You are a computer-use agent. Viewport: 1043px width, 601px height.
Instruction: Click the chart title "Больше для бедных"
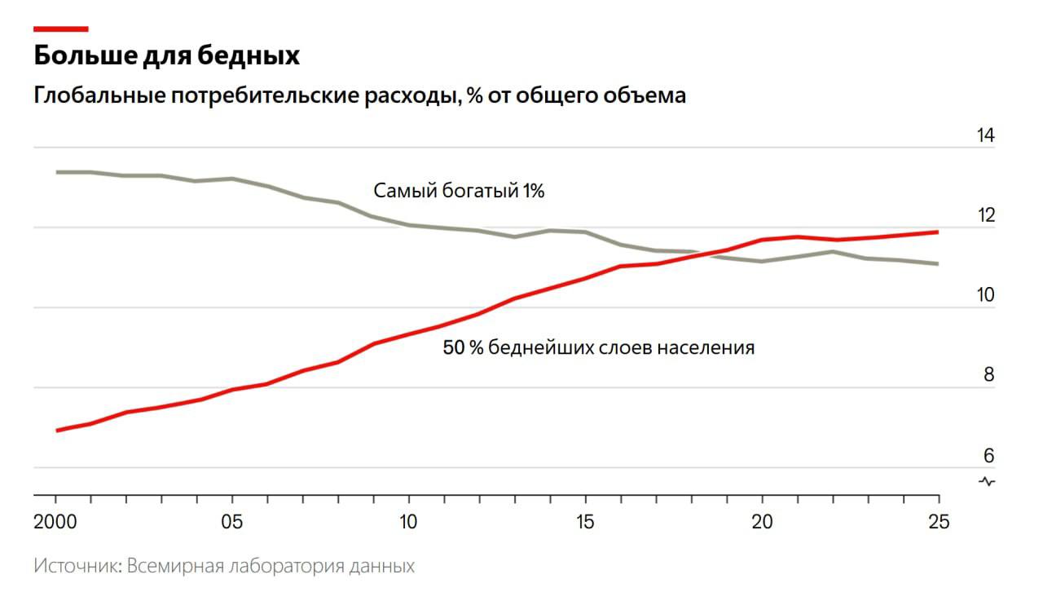point(167,56)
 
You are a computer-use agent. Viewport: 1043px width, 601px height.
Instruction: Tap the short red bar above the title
point(60,29)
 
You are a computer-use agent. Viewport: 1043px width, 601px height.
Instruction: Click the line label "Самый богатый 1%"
point(459,192)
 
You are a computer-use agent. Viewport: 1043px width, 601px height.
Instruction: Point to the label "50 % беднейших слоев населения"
point(599,347)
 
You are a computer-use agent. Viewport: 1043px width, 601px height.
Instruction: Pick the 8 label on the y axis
point(988,375)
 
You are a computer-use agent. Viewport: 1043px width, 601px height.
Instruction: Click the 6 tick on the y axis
point(988,455)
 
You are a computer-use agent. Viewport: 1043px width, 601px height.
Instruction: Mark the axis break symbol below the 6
point(987,481)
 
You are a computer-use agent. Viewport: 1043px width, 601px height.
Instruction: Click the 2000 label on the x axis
point(55,523)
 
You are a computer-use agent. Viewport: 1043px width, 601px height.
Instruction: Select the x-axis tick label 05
point(232,523)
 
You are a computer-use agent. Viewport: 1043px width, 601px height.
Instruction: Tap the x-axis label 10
point(408,523)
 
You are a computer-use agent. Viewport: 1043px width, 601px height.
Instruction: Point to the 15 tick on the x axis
point(585,523)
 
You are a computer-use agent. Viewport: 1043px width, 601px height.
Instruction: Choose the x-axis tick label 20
point(762,523)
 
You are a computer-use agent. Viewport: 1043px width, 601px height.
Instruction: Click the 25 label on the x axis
point(939,523)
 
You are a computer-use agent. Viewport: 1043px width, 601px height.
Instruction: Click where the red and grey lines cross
point(706,254)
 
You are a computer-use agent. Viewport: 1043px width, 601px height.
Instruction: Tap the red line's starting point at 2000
point(56,430)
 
